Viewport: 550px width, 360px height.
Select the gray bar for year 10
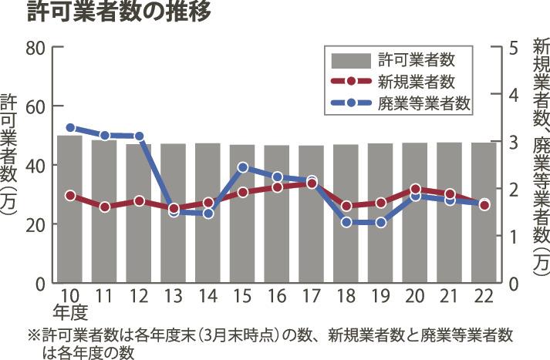70,209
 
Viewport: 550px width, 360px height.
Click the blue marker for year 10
70,128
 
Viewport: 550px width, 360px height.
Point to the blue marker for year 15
242,167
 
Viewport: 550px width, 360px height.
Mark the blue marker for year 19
380,222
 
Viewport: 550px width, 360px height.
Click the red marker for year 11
104,207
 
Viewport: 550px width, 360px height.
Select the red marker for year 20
415,189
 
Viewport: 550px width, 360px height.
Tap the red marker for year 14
208,204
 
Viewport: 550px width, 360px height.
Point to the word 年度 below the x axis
70,312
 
